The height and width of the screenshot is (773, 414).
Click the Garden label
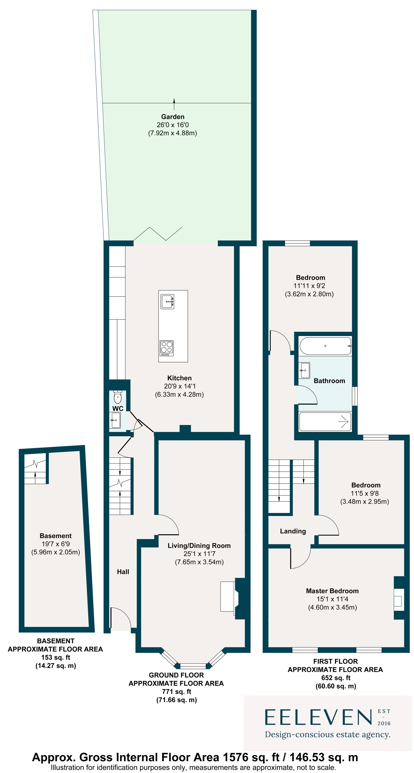pos(173,117)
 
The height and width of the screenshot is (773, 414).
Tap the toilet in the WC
pos(118,398)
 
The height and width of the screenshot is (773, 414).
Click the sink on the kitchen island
pos(167,302)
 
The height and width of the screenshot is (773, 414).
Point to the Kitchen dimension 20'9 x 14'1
pos(179,386)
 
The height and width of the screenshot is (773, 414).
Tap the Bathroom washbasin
pos(304,370)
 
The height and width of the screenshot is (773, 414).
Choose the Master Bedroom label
pos(332,591)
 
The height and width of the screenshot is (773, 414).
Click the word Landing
pos(293,531)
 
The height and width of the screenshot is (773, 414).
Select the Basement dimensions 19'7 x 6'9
pos(55,544)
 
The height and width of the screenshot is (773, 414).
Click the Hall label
pos(123,572)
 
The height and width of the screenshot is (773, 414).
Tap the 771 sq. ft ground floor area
pos(176,691)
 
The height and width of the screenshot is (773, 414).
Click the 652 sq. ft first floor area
pos(336,678)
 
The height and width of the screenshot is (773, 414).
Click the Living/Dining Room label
pos(199,546)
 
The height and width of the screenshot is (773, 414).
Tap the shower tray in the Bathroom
pos(325,422)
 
